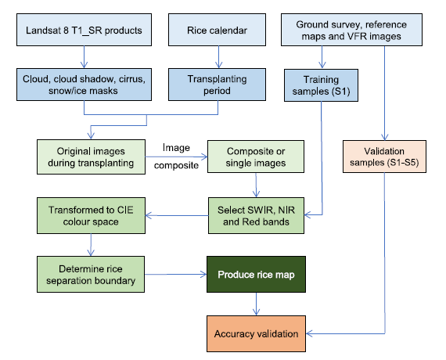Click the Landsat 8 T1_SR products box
(x=84, y=30)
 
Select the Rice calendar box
(x=217, y=30)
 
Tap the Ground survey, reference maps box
(x=351, y=30)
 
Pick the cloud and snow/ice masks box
(x=84, y=85)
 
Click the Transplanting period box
(x=217, y=85)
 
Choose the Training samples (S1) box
(x=321, y=85)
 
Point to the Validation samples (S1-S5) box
(x=384, y=157)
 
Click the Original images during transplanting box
(x=91, y=157)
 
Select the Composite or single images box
(x=256, y=157)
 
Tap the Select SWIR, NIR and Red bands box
(x=256, y=215)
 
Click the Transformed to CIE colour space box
(x=91, y=215)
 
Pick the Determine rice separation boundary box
(x=91, y=274)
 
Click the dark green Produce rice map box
(x=256, y=274)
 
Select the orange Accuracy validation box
(x=256, y=333)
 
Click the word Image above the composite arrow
(x=176, y=148)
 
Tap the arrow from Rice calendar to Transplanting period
(x=218, y=57)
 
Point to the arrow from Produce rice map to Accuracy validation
(x=257, y=304)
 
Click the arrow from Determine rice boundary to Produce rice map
(x=176, y=275)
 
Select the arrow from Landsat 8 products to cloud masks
(x=84, y=57)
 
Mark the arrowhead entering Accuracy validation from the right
(x=309, y=333)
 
